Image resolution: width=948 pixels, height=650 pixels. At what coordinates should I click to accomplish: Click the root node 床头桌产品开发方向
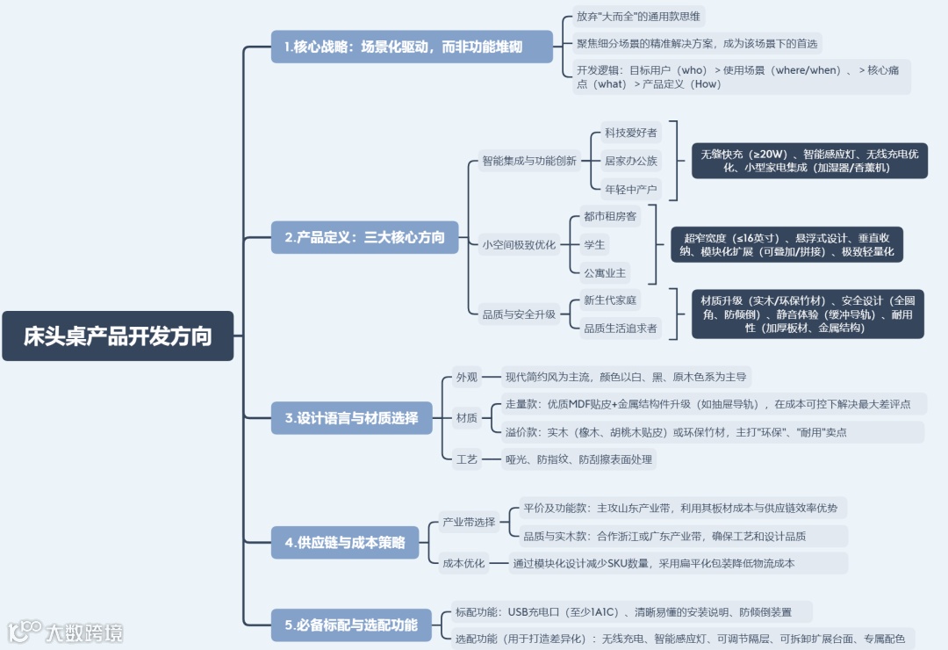click(118, 336)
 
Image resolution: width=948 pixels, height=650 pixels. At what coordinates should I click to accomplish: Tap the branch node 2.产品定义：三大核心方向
click(364, 237)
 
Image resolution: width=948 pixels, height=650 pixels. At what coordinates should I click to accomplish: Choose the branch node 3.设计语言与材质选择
click(351, 417)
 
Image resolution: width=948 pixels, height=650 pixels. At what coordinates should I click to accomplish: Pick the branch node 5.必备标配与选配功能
click(351, 625)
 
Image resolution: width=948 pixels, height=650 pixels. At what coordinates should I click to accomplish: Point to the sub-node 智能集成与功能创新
click(529, 161)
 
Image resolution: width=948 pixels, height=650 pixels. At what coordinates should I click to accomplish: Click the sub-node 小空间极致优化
click(519, 245)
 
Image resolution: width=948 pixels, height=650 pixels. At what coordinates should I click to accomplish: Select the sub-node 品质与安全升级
click(519, 314)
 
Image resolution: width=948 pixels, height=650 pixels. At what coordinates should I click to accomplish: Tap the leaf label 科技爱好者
click(630, 133)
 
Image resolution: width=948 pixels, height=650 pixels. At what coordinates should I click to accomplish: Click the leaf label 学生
click(594, 244)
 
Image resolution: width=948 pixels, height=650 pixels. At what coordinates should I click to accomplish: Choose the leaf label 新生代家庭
click(610, 300)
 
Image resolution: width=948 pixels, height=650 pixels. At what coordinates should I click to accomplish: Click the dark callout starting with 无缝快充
click(809, 161)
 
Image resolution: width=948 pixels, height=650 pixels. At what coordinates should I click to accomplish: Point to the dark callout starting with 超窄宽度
click(786, 244)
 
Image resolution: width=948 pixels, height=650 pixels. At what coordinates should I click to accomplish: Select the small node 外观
click(466, 378)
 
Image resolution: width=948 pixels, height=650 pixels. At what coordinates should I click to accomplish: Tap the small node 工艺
click(466, 459)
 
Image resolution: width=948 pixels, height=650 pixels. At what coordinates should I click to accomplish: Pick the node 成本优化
click(463, 563)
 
